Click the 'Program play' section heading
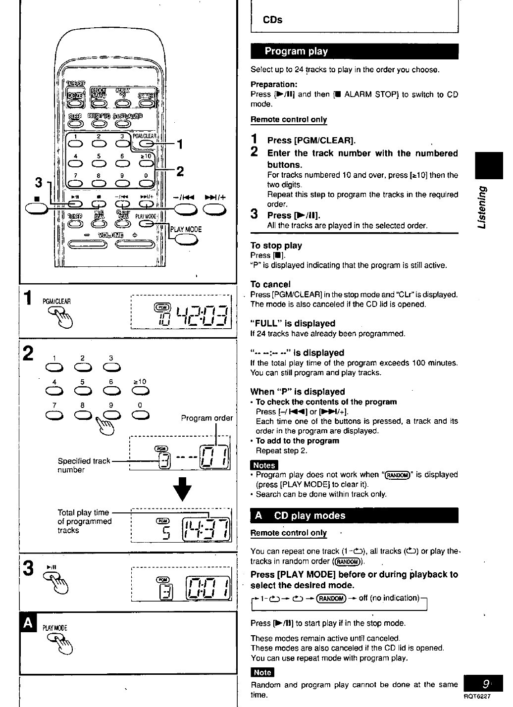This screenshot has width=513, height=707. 296,51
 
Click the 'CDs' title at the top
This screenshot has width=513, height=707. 272,20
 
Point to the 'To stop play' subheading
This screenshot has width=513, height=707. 276,246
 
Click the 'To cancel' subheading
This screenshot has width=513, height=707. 270,284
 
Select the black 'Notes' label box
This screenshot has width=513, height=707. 264,465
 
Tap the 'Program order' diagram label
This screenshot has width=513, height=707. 206,418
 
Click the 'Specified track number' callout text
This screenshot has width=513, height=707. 84,465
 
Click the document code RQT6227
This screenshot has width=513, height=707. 476,696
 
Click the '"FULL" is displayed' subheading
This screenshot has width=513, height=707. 293,323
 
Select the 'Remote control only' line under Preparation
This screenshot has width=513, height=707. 289,119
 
